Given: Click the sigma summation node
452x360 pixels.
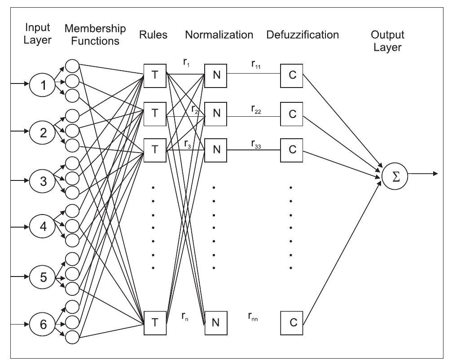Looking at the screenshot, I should coord(395,176).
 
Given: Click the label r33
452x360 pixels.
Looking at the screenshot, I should coord(256,145).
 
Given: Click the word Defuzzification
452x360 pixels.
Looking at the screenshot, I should coord(302,35).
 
